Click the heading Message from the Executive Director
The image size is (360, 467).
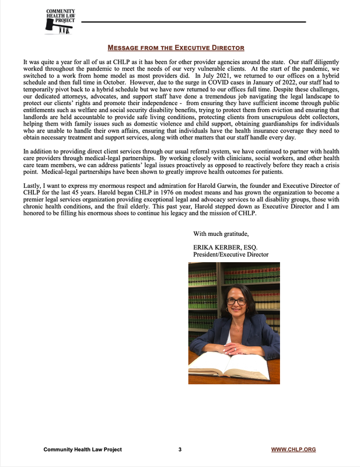coord(176,47)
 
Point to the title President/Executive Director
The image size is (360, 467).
coord(230,255)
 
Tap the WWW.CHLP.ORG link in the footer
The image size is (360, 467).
coord(294,449)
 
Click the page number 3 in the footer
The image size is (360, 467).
coord(180,449)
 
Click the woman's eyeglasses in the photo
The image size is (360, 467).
coord(236,301)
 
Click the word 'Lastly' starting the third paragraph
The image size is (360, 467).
coord(34,184)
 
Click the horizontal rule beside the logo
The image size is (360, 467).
coord(193,22)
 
